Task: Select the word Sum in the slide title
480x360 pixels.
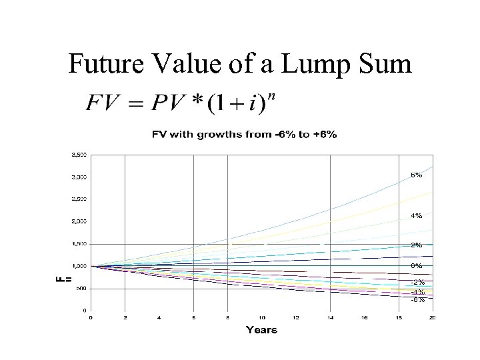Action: tap(393, 65)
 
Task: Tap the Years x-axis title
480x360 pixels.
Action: tap(261, 329)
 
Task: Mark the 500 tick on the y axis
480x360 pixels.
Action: tap(81, 288)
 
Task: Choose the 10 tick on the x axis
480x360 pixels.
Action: tap(261, 317)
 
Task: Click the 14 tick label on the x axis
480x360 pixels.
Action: tap(329, 317)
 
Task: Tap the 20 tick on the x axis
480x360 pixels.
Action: tap(432, 317)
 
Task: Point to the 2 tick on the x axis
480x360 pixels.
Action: tap(125, 317)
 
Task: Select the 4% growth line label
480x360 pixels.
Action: tap(416, 215)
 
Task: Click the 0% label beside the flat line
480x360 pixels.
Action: tap(416, 267)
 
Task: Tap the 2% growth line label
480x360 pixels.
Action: tap(416, 245)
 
